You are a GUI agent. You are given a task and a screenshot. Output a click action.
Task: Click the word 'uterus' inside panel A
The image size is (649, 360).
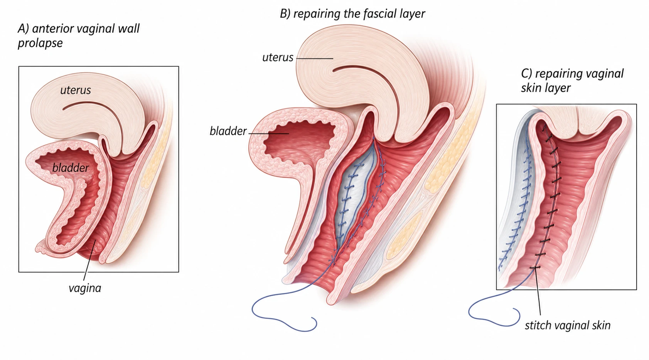[x=75, y=90]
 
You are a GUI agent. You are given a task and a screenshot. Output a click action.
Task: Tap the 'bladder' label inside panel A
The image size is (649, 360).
[x=71, y=168]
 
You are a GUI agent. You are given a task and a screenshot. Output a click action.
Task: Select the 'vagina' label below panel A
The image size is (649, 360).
[x=85, y=288]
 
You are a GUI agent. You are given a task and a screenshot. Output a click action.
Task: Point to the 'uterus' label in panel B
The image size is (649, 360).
[x=278, y=57]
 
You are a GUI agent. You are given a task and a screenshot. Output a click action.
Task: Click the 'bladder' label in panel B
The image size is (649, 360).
[x=228, y=131]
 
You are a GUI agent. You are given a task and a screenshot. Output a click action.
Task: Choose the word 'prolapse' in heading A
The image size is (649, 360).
[x=40, y=44]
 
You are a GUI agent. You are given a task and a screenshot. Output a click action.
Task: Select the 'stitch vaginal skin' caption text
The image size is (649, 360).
[x=568, y=325]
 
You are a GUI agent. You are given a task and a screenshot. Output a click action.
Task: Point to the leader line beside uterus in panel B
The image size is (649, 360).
[x=315, y=59]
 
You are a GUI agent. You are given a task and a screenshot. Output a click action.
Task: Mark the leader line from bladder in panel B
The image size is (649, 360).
[x=268, y=133]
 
